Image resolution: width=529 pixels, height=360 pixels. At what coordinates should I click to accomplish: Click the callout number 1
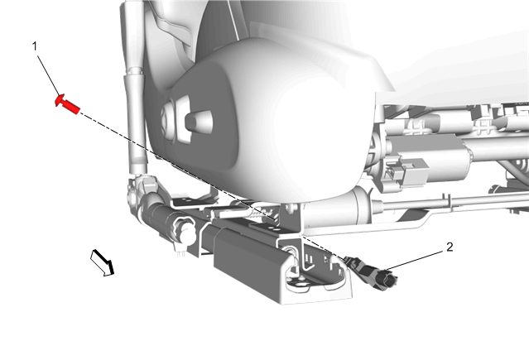click(x=35, y=46)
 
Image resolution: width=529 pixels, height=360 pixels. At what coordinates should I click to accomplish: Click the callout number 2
click(x=450, y=247)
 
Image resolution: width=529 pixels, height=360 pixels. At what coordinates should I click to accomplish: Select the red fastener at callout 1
click(x=67, y=104)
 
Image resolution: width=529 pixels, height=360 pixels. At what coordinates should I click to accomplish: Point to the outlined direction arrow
click(x=102, y=262)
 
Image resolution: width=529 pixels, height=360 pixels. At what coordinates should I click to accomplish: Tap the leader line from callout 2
click(x=415, y=260)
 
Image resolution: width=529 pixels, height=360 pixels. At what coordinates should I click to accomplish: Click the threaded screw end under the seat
click(x=264, y=214)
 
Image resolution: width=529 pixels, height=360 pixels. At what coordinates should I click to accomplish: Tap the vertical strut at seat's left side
click(x=135, y=88)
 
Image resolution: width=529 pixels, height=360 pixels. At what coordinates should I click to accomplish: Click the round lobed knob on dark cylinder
click(x=183, y=229)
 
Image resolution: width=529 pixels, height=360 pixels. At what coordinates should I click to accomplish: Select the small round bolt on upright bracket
click(x=290, y=208)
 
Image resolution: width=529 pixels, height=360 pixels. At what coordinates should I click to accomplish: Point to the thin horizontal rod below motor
click(x=449, y=201)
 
